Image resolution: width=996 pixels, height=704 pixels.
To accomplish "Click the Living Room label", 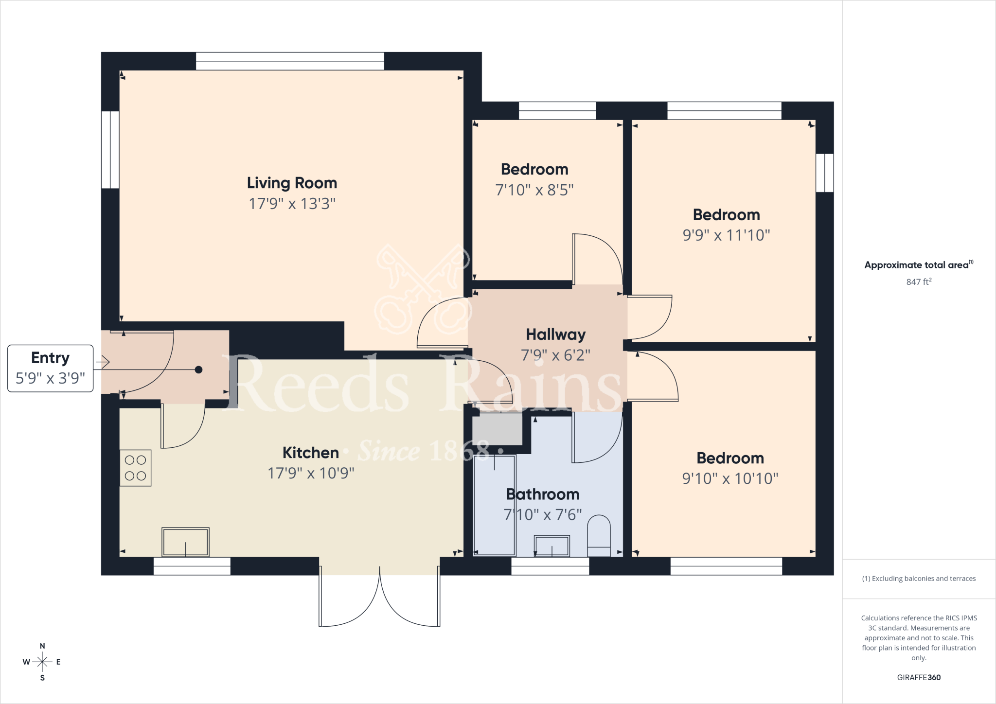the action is (x=292, y=183).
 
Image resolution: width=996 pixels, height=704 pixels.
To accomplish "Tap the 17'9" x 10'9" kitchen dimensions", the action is (x=311, y=473).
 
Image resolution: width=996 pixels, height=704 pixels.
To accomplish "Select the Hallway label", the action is (x=555, y=334).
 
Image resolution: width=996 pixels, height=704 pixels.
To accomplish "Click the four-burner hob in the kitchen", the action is (x=135, y=468).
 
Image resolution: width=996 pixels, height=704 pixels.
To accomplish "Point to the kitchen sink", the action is (x=185, y=542).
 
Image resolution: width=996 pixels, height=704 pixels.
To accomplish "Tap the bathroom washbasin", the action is (x=551, y=546).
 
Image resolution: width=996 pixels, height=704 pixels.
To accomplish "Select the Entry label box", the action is (x=50, y=368).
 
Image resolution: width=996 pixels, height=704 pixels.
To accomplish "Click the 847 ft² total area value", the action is (x=919, y=282).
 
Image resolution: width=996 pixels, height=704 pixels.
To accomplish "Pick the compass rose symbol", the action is (x=42, y=662).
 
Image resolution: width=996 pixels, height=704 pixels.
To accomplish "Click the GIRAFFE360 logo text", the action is (x=919, y=677).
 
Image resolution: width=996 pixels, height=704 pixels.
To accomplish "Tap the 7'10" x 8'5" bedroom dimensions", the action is (x=534, y=190).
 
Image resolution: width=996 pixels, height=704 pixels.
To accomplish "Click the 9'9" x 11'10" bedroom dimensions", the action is (x=726, y=235).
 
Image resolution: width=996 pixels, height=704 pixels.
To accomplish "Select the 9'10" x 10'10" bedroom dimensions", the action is (x=730, y=478).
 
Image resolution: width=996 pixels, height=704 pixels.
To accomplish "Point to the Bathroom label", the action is (x=543, y=494).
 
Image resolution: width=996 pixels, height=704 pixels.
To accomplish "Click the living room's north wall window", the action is (x=290, y=61).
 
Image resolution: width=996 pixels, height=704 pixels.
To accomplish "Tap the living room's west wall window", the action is (x=110, y=150).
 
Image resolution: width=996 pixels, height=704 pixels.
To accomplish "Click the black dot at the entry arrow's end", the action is (x=198, y=370).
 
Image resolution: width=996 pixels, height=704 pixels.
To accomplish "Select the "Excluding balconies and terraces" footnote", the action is (x=919, y=579).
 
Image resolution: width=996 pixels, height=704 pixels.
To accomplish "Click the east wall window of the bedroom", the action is (x=825, y=173).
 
